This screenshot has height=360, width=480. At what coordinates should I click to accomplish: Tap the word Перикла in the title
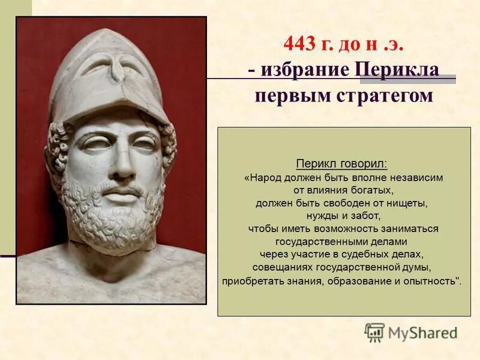point(398,69)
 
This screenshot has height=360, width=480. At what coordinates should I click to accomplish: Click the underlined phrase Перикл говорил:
point(342,164)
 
